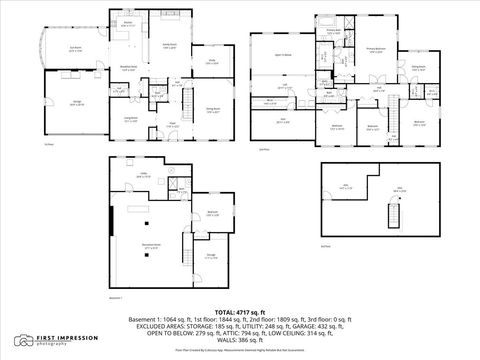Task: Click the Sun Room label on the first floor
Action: [x=47, y=49]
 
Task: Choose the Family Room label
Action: [x=170, y=45]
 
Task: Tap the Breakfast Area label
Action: [x=129, y=67]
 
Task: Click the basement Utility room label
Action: [x=143, y=175]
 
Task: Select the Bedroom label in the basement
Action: [x=212, y=212]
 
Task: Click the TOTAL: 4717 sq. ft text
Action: [x=239, y=312]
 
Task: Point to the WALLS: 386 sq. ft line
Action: [x=239, y=342]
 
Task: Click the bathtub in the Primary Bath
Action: [x=330, y=18]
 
